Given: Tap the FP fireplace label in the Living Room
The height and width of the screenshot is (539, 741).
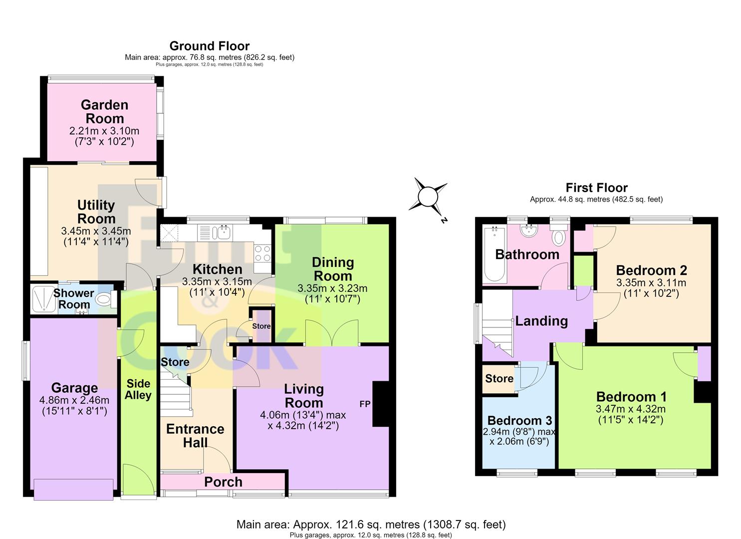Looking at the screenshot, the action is click(365, 404).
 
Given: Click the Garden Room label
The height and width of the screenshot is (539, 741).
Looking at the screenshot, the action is click(104, 111).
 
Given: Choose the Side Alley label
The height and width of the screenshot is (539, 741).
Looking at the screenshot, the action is click(138, 389).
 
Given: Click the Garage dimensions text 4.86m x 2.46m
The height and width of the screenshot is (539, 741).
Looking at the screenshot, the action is click(74, 400).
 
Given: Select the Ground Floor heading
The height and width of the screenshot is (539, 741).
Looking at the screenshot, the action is click(210, 46).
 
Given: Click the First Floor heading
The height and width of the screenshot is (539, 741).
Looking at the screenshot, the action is click(596, 188).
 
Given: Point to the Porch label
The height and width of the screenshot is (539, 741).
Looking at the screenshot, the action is click(223, 482).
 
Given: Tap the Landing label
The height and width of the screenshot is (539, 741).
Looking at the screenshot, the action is click(541, 321).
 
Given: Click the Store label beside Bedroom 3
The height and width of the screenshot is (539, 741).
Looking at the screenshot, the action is click(499, 378).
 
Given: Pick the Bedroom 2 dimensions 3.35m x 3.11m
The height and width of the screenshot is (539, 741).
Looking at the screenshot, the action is click(651, 283).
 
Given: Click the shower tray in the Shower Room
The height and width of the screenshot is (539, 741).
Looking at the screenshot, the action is click(44, 299).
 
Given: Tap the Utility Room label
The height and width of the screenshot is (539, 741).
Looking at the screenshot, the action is click(96, 212).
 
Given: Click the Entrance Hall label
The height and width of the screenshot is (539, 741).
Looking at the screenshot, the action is click(195, 435).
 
